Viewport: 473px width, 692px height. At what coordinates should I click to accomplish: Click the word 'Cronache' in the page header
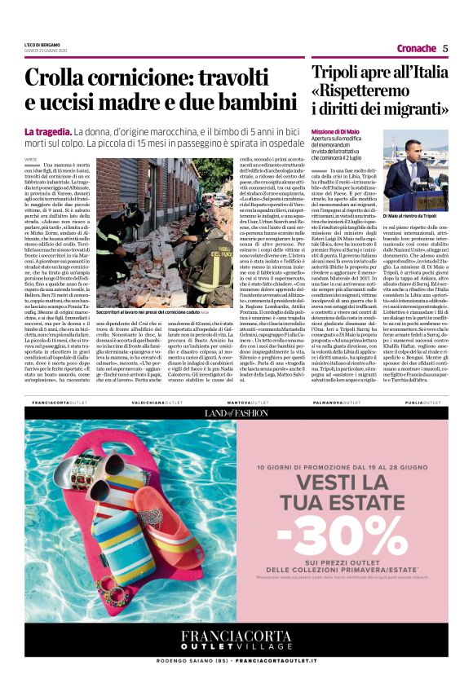pos(413,48)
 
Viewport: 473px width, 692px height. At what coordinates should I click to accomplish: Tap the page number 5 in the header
pos(444,48)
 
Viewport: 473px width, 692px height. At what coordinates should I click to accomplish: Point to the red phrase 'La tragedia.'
pos(48,131)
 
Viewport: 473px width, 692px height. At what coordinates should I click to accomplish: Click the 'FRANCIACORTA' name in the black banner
pos(236,637)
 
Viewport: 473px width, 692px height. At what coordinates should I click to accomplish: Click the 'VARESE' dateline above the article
pos(31,160)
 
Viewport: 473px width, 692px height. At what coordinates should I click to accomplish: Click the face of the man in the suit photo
pos(413,152)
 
